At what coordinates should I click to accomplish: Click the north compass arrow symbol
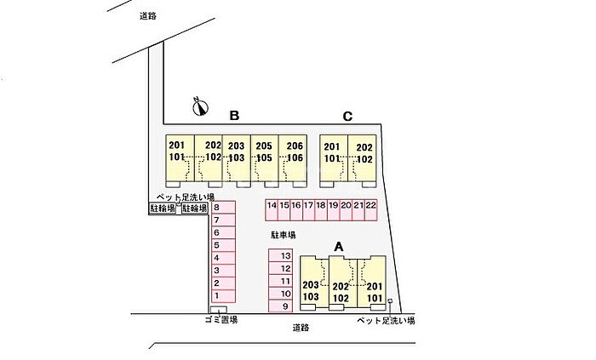pyautogui.click(x=201, y=106)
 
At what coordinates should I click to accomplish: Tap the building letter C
pyautogui.click(x=347, y=117)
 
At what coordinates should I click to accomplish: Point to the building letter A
pyautogui.click(x=338, y=246)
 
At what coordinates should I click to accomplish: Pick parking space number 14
pyautogui.click(x=272, y=205)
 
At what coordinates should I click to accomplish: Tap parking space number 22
pyautogui.click(x=371, y=205)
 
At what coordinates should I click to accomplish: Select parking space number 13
pyautogui.click(x=285, y=255)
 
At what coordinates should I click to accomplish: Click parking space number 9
pyautogui.click(x=285, y=306)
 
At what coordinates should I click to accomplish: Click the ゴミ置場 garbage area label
pyautogui.click(x=221, y=320)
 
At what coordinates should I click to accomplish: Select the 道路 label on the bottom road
pyautogui.click(x=299, y=327)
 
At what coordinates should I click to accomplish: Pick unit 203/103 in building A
pyautogui.click(x=311, y=291)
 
